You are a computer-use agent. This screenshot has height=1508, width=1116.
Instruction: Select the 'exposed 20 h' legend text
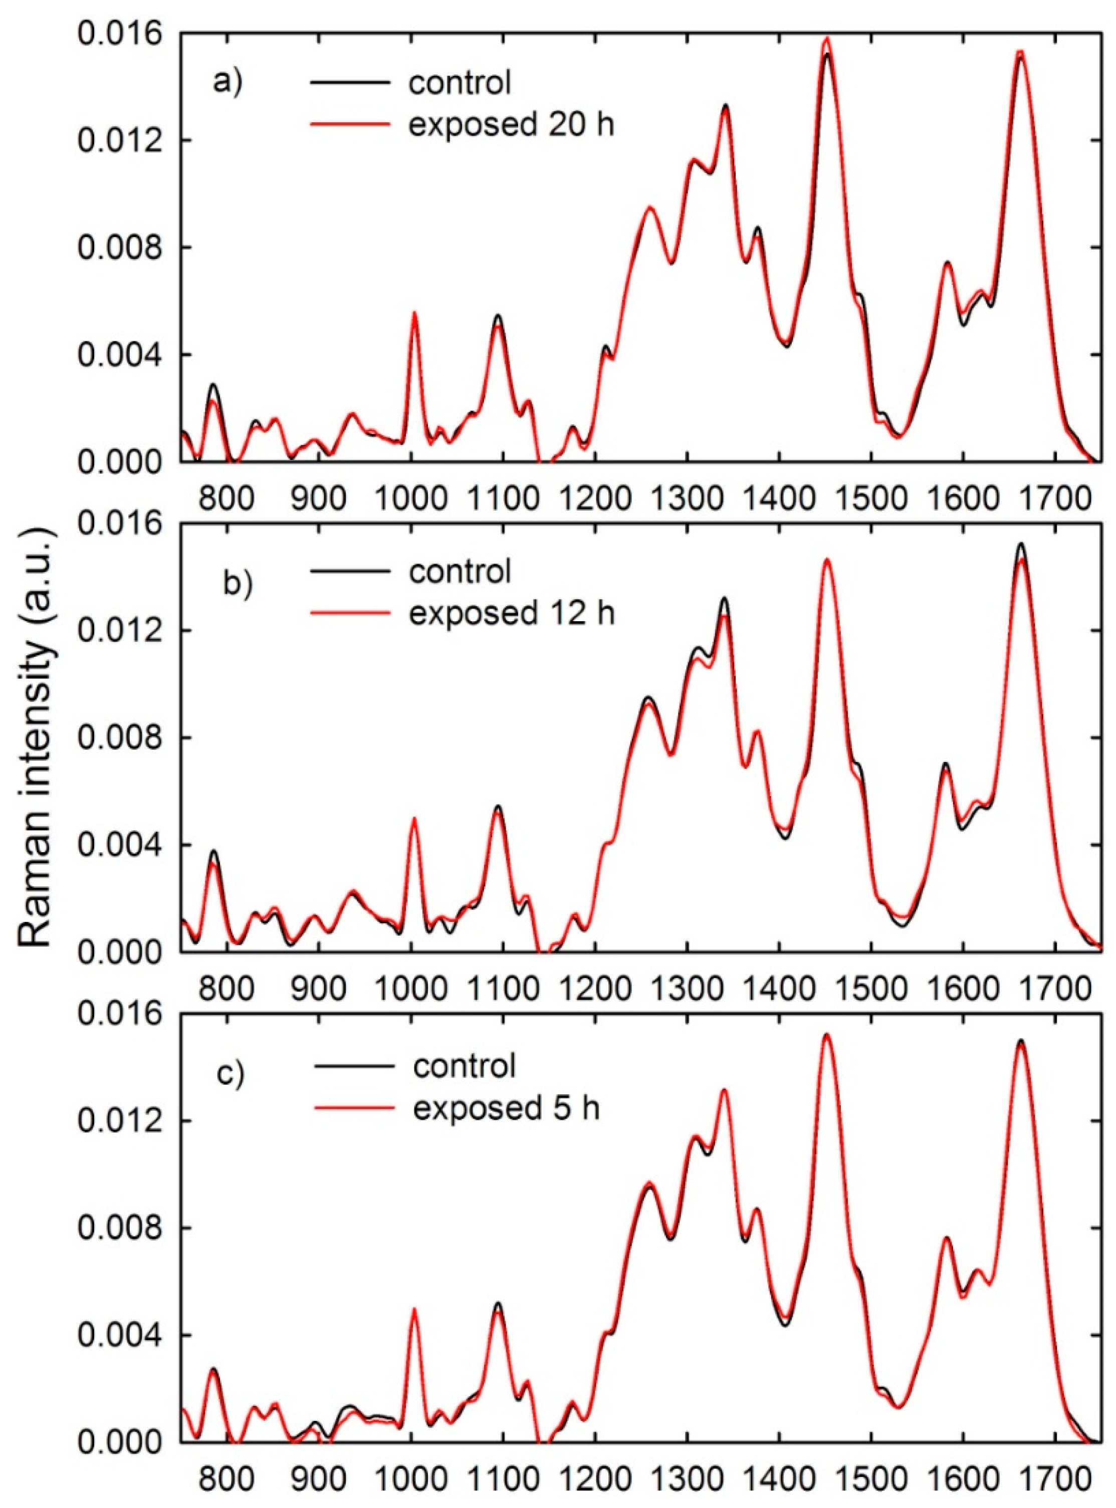[x=511, y=126]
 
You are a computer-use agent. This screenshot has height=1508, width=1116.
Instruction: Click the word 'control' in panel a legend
[x=460, y=83]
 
